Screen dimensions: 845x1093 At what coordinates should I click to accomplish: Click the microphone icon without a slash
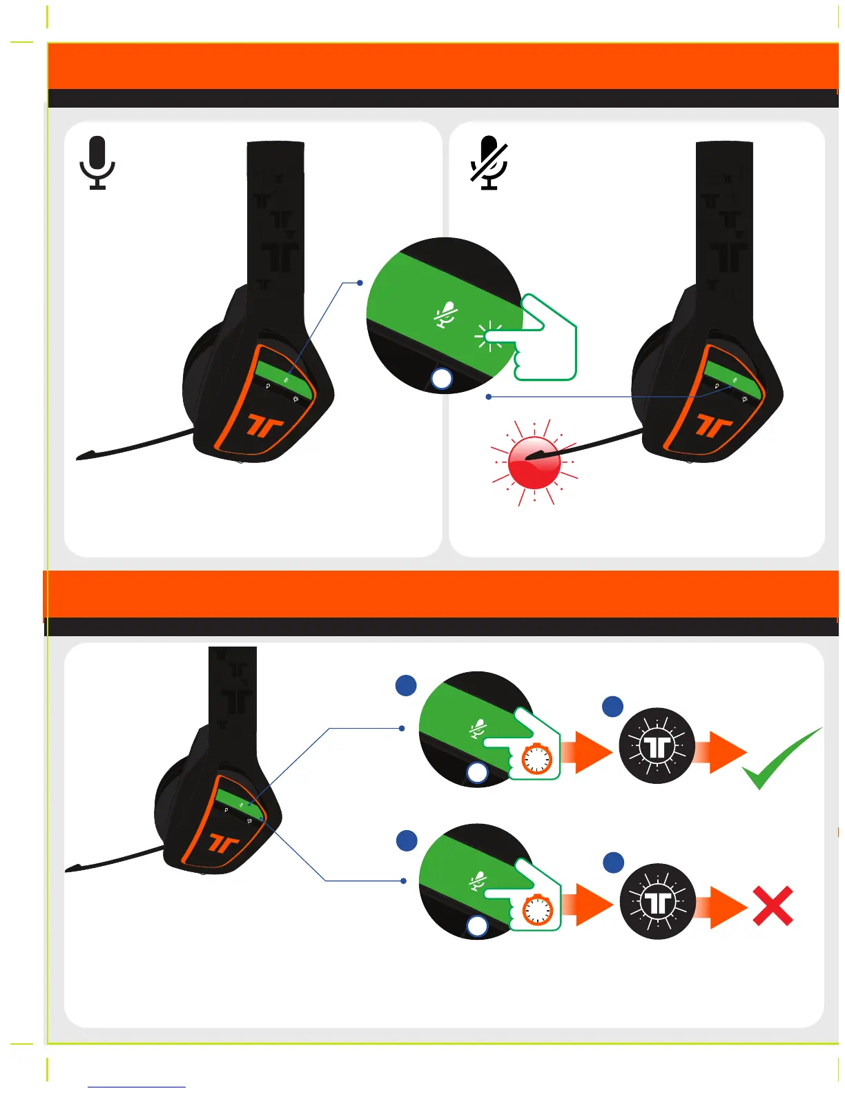[x=97, y=163]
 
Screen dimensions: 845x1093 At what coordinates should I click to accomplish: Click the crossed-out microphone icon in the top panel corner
[x=489, y=163]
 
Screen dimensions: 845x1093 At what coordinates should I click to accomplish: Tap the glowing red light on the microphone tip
[x=534, y=462]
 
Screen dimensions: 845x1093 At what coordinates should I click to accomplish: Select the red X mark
[x=773, y=906]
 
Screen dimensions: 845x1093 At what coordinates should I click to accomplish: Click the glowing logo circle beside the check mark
[x=657, y=746]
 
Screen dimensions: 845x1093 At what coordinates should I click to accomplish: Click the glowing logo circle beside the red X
[x=657, y=902]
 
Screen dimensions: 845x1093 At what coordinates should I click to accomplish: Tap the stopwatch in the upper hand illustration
[x=536, y=759]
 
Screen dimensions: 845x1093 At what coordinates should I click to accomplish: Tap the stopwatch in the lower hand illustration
[x=537, y=910]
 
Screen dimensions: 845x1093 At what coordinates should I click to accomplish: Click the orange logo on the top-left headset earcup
[x=264, y=426]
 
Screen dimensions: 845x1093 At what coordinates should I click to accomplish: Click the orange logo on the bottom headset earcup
[x=224, y=843]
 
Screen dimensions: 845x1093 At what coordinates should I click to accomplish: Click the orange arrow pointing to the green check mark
[x=721, y=751]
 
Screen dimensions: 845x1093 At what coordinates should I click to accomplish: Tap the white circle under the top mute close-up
[x=441, y=379]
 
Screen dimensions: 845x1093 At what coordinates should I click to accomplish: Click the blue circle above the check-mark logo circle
[x=613, y=707]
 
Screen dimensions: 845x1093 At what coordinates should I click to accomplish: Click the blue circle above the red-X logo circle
[x=614, y=863]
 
